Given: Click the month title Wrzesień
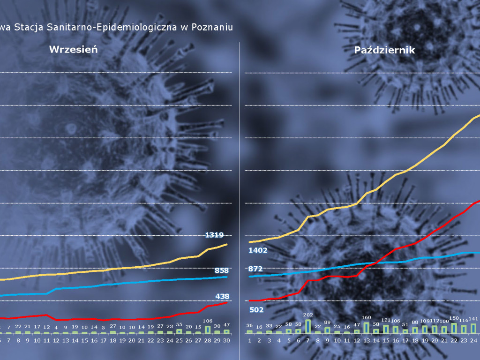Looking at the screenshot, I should point(74,50).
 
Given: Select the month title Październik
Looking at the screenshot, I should point(384,50).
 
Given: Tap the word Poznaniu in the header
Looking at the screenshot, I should point(212,27).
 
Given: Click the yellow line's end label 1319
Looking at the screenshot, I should point(214,235).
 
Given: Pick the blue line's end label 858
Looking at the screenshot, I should point(222,270).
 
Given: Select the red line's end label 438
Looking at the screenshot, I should point(222,296).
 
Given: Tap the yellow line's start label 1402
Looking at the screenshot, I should point(258,250).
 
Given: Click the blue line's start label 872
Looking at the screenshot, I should point(255,269).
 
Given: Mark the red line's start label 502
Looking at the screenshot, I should point(256,310).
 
